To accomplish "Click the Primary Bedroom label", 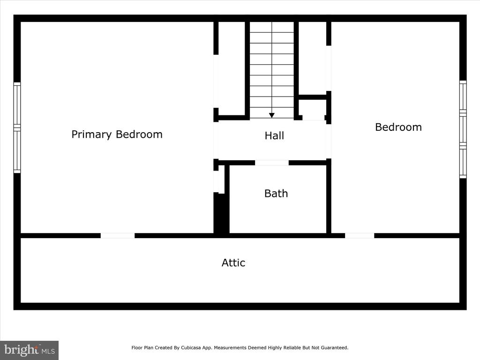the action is [117, 135].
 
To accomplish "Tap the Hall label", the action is [274, 135].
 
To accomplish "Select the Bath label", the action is [276, 194].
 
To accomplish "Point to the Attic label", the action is [233, 262].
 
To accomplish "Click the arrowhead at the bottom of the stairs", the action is [272, 115].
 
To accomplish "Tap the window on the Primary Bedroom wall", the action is [17, 127].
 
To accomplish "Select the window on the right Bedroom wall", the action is [463, 129].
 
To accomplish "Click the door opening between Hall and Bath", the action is [272, 163].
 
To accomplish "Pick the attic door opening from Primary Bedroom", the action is [118, 236].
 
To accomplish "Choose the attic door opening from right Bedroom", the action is [360, 236].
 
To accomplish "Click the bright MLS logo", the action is [30, 350].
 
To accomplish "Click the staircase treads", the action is [272, 70].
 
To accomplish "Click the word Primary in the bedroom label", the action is [91, 135].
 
